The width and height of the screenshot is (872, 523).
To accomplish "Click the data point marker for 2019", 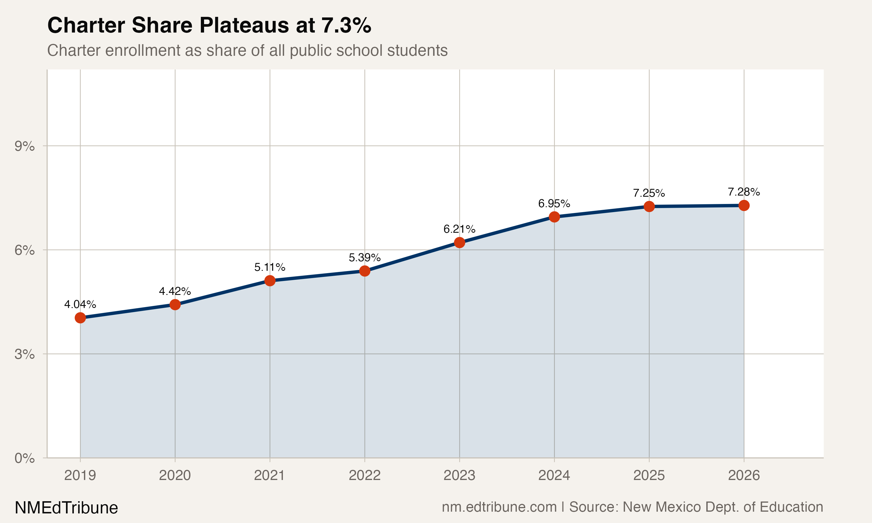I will click(x=80, y=318).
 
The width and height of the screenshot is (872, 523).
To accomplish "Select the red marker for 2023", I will click(x=459, y=243).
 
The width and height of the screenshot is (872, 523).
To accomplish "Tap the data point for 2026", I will click(x=744, y=205).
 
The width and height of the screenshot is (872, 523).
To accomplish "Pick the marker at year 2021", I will click(x=270, y=280).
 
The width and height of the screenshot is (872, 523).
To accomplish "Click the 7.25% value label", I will click(x=648, y=193).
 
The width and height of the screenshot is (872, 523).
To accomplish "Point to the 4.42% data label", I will click(x=175, y=291).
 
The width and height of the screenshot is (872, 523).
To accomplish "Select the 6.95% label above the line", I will click(x=554, y=203).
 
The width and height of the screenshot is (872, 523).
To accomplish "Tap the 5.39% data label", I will click(x=364, y=258).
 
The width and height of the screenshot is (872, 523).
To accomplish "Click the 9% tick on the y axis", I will click(x=24, y=146).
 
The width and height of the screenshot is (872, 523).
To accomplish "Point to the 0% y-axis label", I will click(x=24, y=458).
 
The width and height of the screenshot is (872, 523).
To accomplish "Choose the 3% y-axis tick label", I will click(x=24, y=354).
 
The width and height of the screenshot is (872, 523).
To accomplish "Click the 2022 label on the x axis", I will click(x=364, y=475).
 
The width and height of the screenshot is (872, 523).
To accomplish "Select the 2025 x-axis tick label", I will click(x=649, y=475).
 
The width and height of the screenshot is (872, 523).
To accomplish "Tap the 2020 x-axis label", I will click(x=175, y=475).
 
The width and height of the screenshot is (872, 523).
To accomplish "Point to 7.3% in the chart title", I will click(x=346, y=25).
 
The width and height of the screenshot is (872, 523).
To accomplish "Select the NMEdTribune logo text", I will click(x=66, y=508).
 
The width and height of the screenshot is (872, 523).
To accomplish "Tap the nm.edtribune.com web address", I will click(x=499, y=507).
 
